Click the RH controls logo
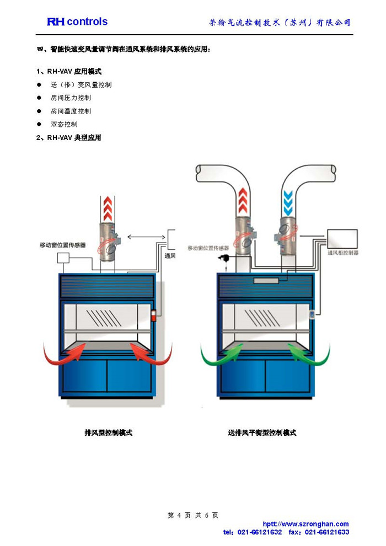[77, 22]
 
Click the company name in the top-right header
[280, 23]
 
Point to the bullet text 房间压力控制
[71, 98]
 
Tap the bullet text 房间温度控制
[71, 111]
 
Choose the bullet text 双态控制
[64, 125]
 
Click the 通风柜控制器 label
[342, 253]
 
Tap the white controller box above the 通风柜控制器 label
[342, 238]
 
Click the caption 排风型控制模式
[108, 433]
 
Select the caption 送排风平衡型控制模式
[262, 433]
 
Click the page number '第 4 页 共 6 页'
[193, 515]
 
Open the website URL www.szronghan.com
[309, 524]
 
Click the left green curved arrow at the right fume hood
[215, 356]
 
